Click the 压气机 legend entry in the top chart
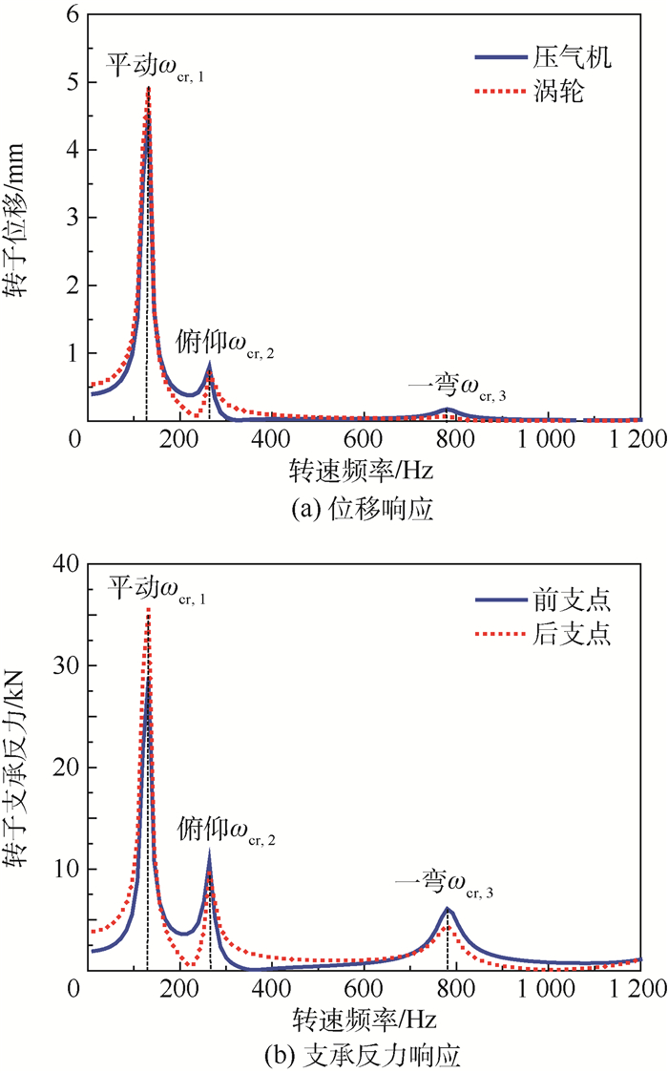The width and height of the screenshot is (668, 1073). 572,57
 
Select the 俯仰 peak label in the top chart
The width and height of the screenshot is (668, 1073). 226,345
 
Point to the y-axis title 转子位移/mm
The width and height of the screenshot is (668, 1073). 20,218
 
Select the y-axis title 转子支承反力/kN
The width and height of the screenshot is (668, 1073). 20,767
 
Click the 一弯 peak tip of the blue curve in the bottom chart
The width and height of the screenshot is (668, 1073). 447,909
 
